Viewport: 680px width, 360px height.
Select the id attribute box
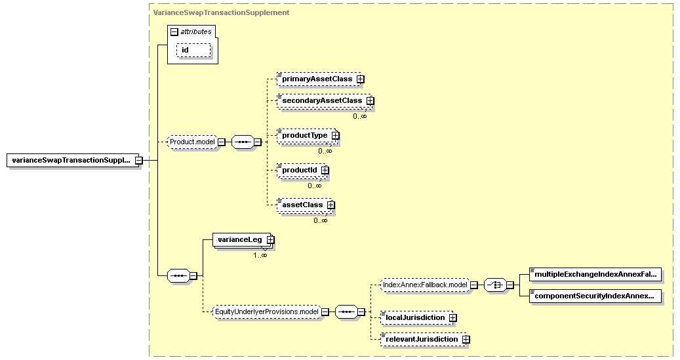tap(193, 50)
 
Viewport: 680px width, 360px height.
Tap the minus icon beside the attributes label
tap(174, 31)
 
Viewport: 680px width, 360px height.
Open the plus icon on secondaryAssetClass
tap(370, 100)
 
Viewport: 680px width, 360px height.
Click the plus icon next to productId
tap(325, 170)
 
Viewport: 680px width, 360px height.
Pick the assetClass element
tap(305, 205)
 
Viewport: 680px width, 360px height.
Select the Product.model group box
tap(192, 142)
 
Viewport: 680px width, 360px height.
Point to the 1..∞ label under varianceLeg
tap(260, 256)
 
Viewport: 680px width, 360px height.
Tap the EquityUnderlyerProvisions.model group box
tap(267, 311)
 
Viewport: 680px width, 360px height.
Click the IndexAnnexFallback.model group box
tap(425, 285)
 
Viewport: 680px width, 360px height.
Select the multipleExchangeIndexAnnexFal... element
tap(595, 274)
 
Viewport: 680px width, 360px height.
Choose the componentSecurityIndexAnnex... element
tap(595, 296)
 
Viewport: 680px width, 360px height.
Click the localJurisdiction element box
tap(416, 317)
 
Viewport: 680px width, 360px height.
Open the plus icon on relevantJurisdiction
tap(466, 339)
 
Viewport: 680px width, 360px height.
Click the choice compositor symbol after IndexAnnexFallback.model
tap(495, 285)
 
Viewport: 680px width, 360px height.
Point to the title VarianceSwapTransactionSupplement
tap(221, 12)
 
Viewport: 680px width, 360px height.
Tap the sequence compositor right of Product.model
tap(243, 142)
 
